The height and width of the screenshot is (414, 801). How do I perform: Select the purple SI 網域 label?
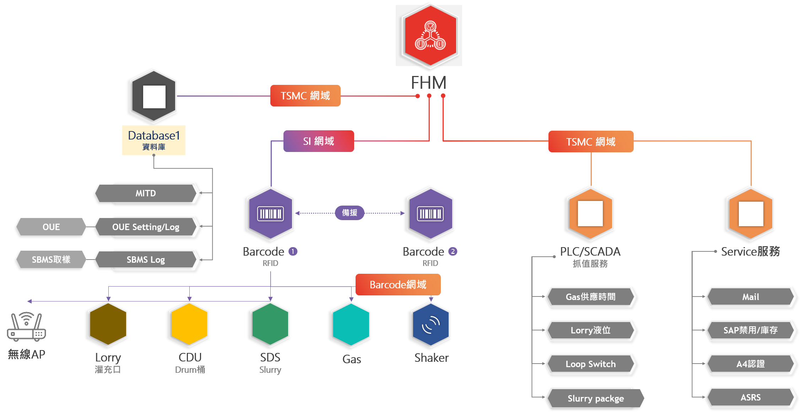[x=319, y=141]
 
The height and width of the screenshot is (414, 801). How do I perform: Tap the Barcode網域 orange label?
[x=398, y=285]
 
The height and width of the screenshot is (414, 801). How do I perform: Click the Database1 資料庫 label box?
[x=154, y=140]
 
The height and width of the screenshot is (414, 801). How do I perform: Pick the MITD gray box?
[x=146, y=193]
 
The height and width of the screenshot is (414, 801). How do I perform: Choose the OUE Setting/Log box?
[x=146, y=227]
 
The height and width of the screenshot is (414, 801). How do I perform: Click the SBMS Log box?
[x=146, y=260]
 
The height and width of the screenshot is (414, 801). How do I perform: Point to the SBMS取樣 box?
[x=51, y=260]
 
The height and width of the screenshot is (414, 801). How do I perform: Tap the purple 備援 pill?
[x=350, y=213]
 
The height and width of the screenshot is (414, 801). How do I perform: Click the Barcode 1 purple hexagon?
[x=271, y=214]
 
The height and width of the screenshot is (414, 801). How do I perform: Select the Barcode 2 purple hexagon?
[x=431, y=214]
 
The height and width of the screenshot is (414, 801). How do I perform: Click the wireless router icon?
[x=27, y=326]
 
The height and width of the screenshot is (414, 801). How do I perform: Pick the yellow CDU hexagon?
[x=190, y=324]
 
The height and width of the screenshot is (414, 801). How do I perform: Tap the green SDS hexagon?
[x=270, y=324]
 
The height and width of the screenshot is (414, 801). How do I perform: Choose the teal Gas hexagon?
[x=351, y=324]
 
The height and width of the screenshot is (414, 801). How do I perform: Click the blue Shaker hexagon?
[x=431, y=324]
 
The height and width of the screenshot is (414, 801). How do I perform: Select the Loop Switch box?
[x=591, y=364]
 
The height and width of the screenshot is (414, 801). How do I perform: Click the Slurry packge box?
[x=595, y=398]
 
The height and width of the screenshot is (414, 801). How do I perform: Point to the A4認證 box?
[x=751, y=364]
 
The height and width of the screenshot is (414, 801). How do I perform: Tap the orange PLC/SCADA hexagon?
[x=591, y=214]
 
